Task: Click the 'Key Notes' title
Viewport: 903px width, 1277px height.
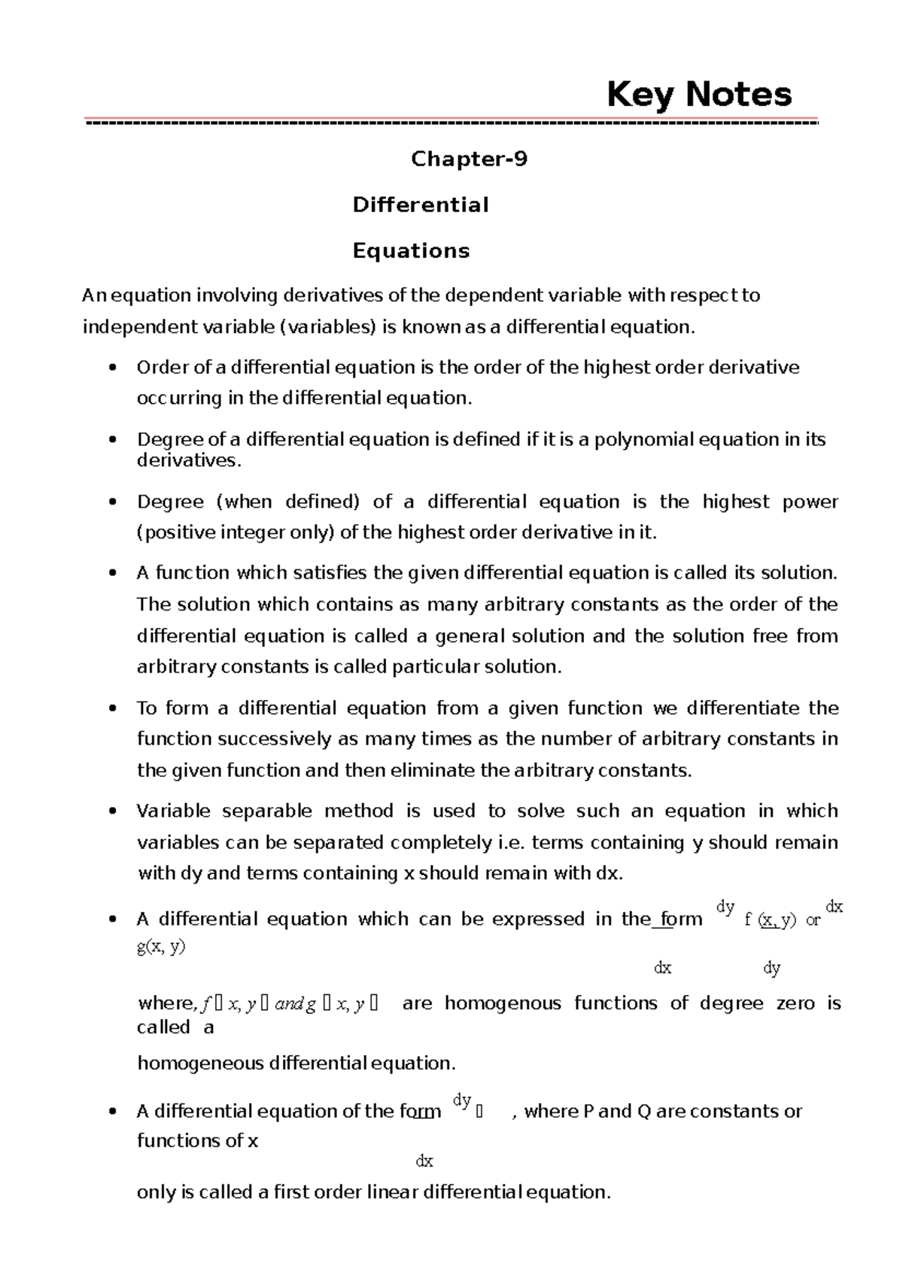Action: (699, 96)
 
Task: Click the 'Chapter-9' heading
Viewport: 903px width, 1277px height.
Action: (469, 159)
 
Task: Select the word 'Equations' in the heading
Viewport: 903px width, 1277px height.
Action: (411, 250)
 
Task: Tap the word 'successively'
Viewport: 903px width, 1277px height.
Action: (276, 739)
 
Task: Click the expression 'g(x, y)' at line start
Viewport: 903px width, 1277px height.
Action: (161, 947)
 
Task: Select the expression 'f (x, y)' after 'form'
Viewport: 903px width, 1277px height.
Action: (770, 921)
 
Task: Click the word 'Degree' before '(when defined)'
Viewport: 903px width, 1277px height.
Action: (170, 502)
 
